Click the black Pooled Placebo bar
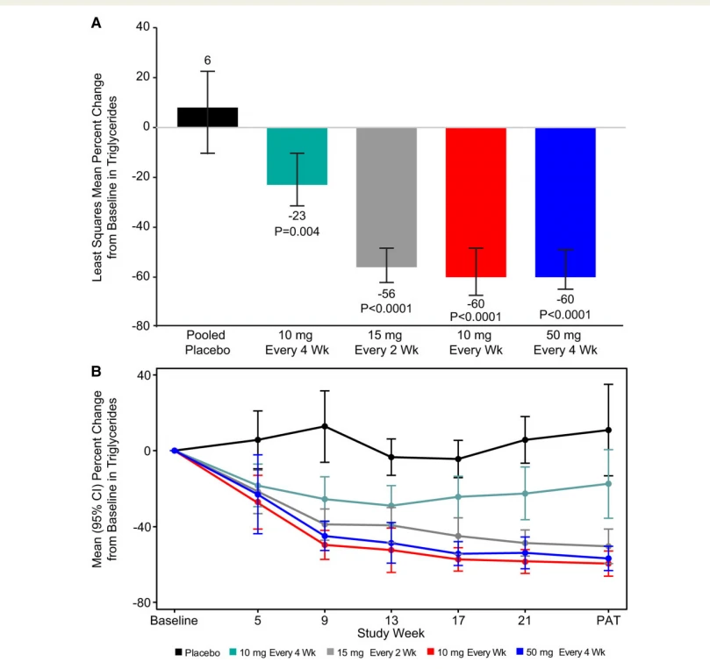coord(207,117)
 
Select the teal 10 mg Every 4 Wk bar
coord(297,156)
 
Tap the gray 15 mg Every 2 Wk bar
coord(386,197)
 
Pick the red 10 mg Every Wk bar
coord(476,203)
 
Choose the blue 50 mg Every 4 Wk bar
coord(565,203)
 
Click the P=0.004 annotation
coord(297,231)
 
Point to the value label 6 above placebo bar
coord(207,60)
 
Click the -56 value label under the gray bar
coord(386,294)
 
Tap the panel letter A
coord(96,23)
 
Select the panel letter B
coord(96,372)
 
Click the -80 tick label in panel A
coord(140,326)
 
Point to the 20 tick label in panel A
coord(143,77)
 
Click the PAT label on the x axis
coord(608,620)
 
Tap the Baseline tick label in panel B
coord(174,620)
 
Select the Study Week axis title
coord(391,633)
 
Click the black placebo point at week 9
coord(325,426)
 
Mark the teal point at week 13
coord(391,506)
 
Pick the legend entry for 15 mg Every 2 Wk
coord(371,652)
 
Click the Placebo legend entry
coord(197,652)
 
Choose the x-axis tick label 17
coord(458,620)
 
